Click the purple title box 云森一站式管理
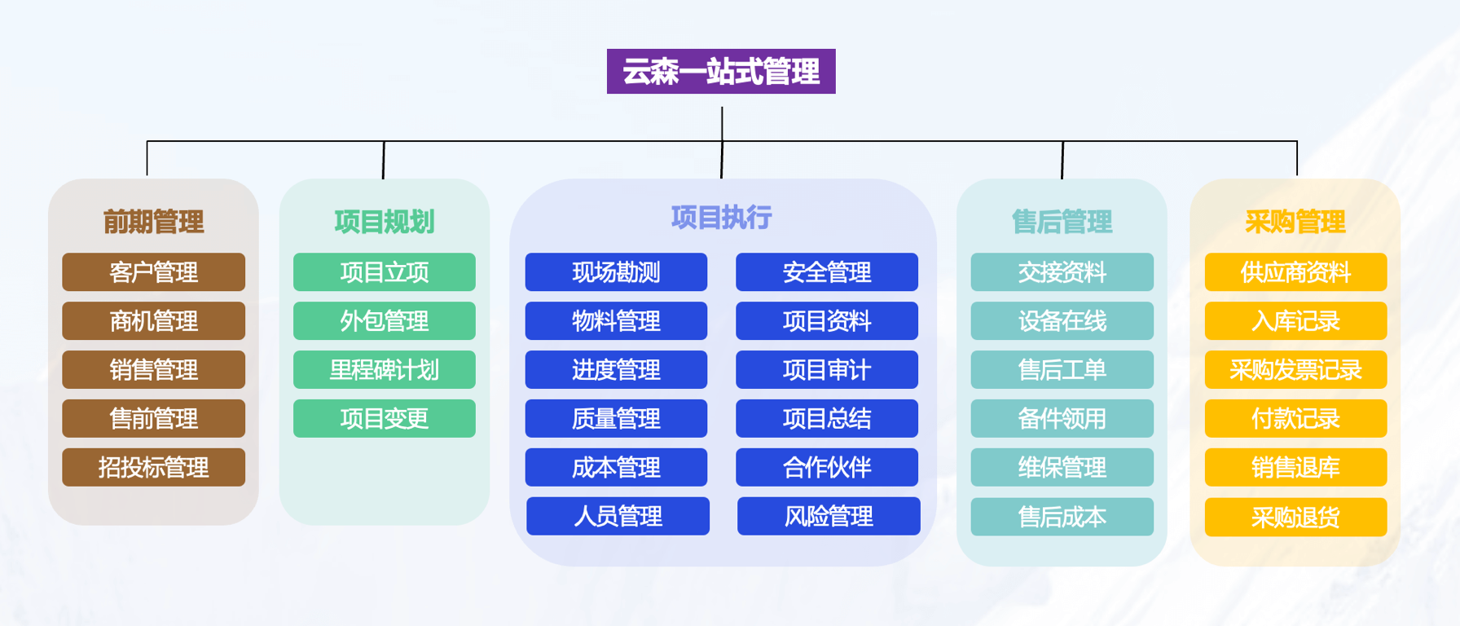pyautogui.click(x=721, y=72)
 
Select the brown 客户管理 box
pyautogui.click(x=153, y=272)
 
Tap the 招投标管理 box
pyautogui.click(x=153, y=468)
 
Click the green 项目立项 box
pyautogui.click(x=384, y=272)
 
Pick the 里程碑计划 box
pyautogui.click(x=384, y=370)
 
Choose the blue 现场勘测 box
pyautogui.click(x=616, y=272)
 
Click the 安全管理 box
pyautogui.click(x=826, y=272)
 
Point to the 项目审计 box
pyautogui.click(x=826, y=370)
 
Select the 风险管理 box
pyautogui.click(x=829, y=517)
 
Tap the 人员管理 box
pyautogui.click(x=618, y=517)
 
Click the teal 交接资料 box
pyautogui.click(x=1062, y=272)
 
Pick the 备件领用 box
pyautogui.click(x=1062, y=419)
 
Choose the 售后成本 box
pyautogui.click(x=1062, y=518)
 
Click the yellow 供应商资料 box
pyautogui.click(x=1295, y=272)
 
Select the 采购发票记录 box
pyautogui.click(x=1295, y=370)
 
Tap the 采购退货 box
pyautogui.click(x=1295, y=518)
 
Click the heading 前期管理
pyautogui.click(x=153, y=222)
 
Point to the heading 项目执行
pyautogui.click(x=721, y=218)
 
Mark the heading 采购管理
pyautogui.click(x=1295, y=222)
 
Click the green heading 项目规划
pyautogui.click(x=384, y=222)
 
